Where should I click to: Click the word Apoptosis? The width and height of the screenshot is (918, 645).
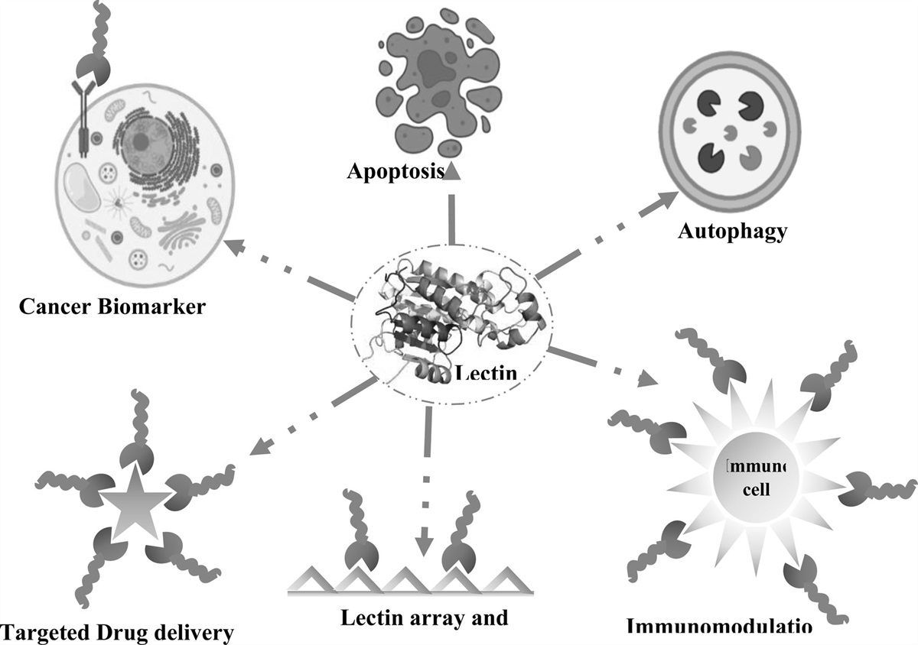click(395, 170)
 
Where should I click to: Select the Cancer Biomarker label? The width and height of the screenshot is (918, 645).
click(112, 306)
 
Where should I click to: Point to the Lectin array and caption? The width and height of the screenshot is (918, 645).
click(424, 617)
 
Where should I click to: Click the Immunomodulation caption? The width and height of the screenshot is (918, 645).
click(718, 627)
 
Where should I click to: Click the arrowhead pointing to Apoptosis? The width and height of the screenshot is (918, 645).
click(452, 172)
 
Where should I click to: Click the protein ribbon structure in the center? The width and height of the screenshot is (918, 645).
click(451, 313)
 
